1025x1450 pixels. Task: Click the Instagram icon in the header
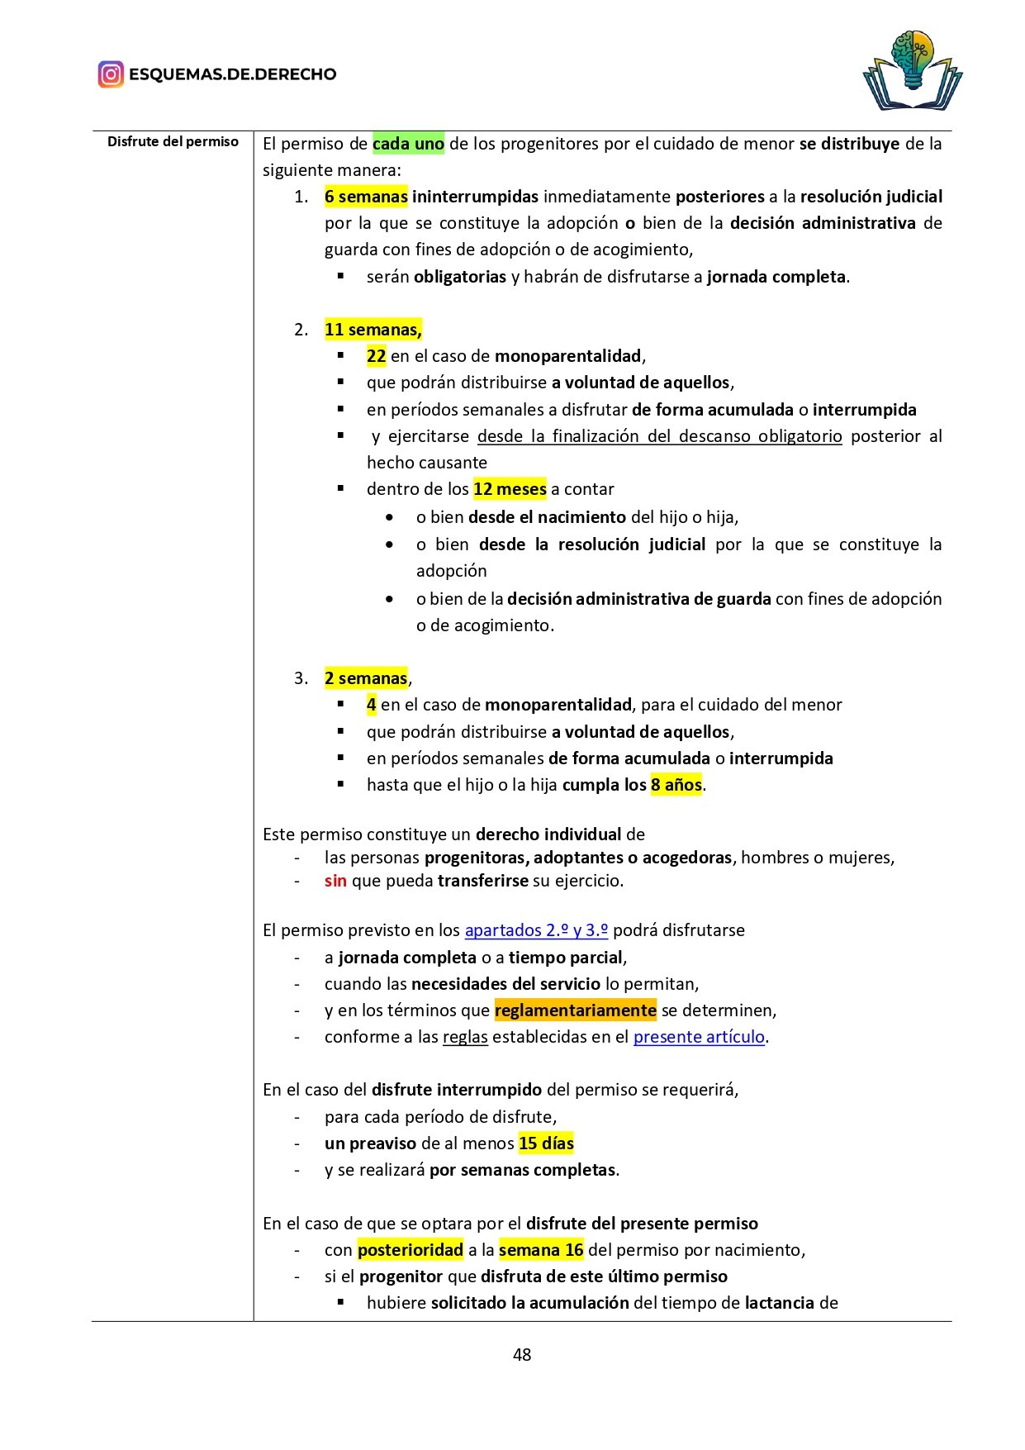pyautogui.click(x=111, y=74)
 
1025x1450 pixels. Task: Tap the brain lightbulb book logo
pyautogui.click(x=913, y=71)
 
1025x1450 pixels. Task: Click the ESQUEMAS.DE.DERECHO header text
pyautogui.click(x=232, y=74)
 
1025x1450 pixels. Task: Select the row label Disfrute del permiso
pyautogui.click(x=173, y=142)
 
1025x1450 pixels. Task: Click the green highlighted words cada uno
pyautogui.click(x=408, y=144)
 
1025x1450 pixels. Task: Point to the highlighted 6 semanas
pyautogui.click(x=366, y=197)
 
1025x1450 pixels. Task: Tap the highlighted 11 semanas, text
pyautogui.click(x=373, y=330)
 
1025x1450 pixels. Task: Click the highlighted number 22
pyautogui.click(x=377, y=356)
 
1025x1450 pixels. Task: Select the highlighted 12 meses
pyautogui.click(x=510, y=489)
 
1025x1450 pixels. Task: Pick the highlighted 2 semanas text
pyautogui.click(x=366, y=678)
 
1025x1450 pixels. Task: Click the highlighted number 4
pyautogui.click(x=372, y=705)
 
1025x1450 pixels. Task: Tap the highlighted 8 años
pyautogui.click(x=676, y=785)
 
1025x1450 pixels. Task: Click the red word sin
pyautogui.click(x=335, y=881)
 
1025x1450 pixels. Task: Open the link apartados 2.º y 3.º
pyautogui.click(x=536, y=930)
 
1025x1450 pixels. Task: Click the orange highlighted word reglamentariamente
pyautogui.click(x=575, y=1010)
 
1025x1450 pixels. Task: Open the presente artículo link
pyautogui.click(x=699, y=1037)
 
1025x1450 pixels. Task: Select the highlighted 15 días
pyautogui.click(x=546, y=1143)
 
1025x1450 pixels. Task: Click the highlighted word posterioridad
pyautogui.click(x=410, y=1250)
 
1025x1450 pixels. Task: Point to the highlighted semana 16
pyautogui.click(x=541, y=1250)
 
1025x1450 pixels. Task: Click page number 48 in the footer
pyautogui.click(x=522, y=1354)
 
